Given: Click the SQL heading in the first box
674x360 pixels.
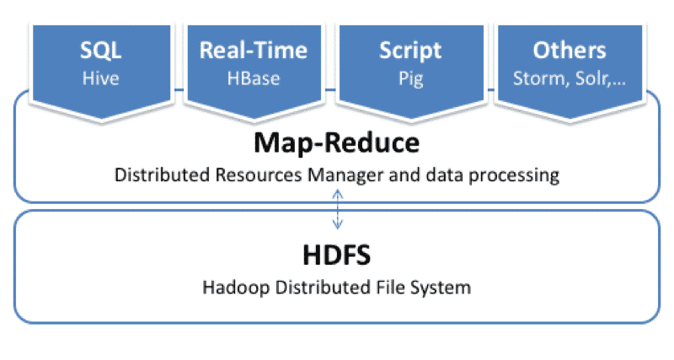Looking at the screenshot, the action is click(x=100, y=51).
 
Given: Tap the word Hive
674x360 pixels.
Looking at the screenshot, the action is click(x=100, y=78).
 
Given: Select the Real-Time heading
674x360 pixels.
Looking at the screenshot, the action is click(x=254, y=50).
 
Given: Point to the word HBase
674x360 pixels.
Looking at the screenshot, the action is click(x=254, y=78).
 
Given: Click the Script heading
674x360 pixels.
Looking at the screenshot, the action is click(x=410, y=51).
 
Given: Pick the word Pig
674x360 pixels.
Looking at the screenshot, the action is click(x=411, y=79).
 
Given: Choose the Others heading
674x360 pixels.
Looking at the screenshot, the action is click(x=570, y=51).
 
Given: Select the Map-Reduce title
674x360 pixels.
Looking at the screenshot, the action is click(x=336, y=142).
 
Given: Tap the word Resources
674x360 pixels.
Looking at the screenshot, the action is click(x=259, y=175).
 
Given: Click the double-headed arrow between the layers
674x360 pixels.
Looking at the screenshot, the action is click(x=338, y=209).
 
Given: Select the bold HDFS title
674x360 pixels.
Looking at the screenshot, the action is click(x=336, y=255).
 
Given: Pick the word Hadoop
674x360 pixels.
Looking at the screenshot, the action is click(x=236, y=287).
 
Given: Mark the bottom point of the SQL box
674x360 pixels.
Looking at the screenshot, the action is click(x=101, y=119).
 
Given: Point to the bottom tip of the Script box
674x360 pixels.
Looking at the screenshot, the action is click(x=411, y=119).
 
